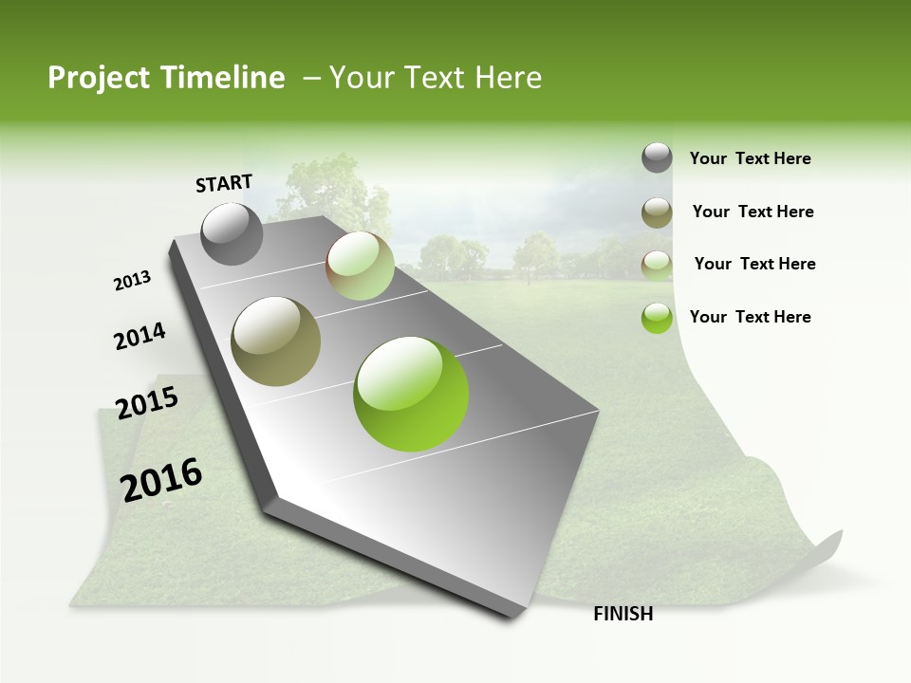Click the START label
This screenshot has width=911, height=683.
tap(224, 183)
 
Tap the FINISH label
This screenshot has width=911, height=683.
tap(623, 614)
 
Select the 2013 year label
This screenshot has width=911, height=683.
tap(133, 280)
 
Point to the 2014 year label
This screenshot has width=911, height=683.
tap(139, 337)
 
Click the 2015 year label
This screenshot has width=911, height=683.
tap(147, 403)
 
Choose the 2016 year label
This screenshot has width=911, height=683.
tap(161, 480)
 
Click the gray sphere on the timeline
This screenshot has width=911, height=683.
tap(232, 233)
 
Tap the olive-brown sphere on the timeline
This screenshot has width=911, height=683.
tap(276, 341)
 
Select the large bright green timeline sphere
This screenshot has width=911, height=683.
tap(411, 394)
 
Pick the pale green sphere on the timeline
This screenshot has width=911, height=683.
tap(360, 266)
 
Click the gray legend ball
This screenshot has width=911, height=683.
tap(657, 158)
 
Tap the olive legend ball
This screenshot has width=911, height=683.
tap(657, 212)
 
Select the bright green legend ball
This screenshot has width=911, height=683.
tap(657, 318)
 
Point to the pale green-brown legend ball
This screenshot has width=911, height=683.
tap(657, 265)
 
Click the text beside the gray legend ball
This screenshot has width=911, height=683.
tap(750, 158)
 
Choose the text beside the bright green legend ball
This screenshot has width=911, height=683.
tap(750, 317)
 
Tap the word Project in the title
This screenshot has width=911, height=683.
tap(97, 78)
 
